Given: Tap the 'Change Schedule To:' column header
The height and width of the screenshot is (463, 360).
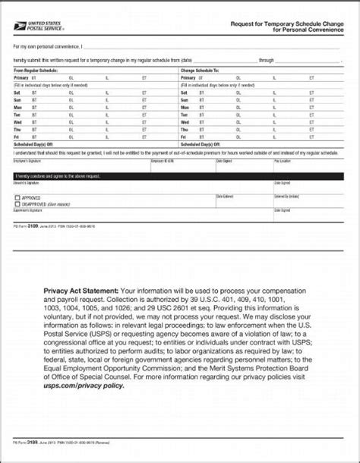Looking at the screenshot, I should [197, 71].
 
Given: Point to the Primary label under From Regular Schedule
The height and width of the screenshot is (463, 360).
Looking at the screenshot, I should [21, 77].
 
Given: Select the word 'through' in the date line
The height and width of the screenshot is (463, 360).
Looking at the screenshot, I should [267, 58].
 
